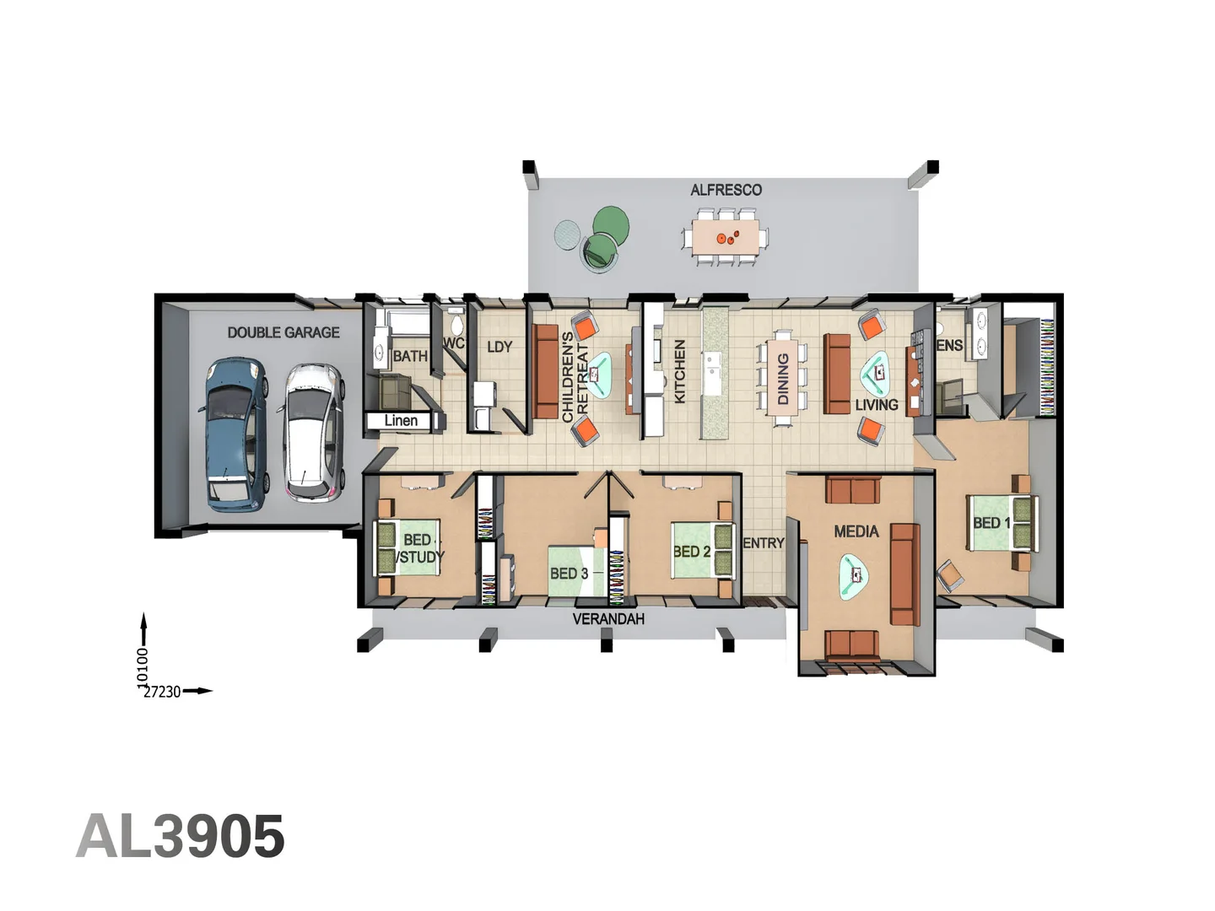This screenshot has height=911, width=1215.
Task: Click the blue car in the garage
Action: point(235,434)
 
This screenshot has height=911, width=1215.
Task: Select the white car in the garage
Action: point(314,432)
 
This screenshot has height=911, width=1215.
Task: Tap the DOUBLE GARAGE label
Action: point(283,332)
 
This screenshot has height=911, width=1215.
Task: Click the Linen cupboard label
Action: point(401,420)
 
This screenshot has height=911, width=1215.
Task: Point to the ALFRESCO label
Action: point(726,190)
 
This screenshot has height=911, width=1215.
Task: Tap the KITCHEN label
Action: point(680,371)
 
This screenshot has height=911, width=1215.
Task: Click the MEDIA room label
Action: point(856,531)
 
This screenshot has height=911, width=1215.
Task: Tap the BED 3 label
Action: point(569,574)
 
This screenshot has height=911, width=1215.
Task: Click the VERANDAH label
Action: point(608,619)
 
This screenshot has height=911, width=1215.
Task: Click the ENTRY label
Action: point(764,543)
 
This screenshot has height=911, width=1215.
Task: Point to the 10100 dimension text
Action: point(143,666)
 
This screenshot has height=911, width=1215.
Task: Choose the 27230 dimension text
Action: point(162,692)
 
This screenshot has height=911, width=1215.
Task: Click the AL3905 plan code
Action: point(181,837)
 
